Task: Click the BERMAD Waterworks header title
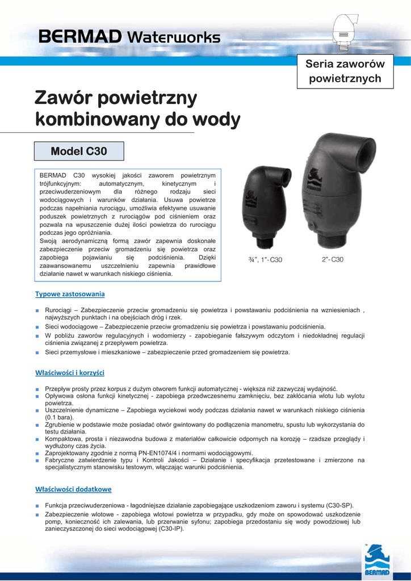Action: pos(129,37)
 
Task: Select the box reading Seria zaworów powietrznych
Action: pos(345,71)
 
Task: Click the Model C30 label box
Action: pos(79,151)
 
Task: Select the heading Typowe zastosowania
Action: pos(70,294)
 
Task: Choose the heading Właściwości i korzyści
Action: pos(70,373)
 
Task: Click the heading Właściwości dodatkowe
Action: pos(73,489)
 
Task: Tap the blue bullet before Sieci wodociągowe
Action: pos(36,327)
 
